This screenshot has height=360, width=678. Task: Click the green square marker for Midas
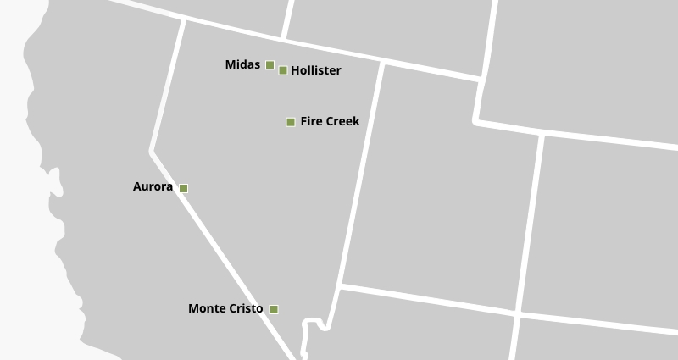coord(270,65)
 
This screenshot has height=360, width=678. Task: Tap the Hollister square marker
coord(283,70)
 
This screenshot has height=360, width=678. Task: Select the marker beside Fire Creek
coord(291,122)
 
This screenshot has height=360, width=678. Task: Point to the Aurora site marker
coord(183,188)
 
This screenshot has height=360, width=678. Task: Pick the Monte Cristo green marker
coord(274,309)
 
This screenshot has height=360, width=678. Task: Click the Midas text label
coord(242,65)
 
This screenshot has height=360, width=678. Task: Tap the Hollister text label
coord(315,71)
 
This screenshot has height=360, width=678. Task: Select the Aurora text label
coord(153,187)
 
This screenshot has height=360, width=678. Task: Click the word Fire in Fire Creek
coord(312,122)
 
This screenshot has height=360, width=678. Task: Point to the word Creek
coord(343,122)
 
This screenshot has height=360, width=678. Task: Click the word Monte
coord(207,309)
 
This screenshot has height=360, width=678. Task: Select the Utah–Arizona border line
coord(428,299)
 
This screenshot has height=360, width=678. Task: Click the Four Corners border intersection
coord(517,313)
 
